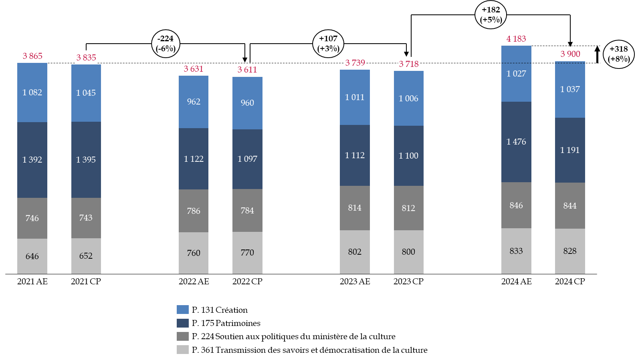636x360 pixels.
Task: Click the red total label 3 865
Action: [x=32, y=56]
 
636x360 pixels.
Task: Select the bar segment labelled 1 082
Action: [x=32, y=93]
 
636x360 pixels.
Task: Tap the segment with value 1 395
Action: [x=86, y=159]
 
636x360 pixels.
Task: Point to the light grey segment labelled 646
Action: [x=32, y=256]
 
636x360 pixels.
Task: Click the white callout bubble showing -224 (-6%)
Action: [x=166, y=44]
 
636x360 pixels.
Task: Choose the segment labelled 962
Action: [x=194, y=102]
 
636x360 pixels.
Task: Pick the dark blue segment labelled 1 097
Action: [x=247, y=159]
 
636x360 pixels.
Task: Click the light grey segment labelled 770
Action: [x=247, y=253]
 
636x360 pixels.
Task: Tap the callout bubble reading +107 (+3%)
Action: [x=328, y=44]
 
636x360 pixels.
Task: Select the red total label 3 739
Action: [x=355, y=63]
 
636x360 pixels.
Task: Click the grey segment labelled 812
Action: [x=408, y=208]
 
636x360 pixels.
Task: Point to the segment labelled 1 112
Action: [x=355, y=155]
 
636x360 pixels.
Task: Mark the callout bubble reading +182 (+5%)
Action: [x=491, y=15]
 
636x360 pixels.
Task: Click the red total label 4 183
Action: [x=516, y=39]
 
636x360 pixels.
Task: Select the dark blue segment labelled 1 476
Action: [x=516, y=142]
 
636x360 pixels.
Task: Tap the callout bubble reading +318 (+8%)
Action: [x=619, y=54]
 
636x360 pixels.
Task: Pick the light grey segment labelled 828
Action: [x=570, y=251]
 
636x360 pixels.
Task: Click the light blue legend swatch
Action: [x=183, y=310]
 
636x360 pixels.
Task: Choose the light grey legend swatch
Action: [x=183, y=350]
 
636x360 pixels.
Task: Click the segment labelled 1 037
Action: [x=570, y=89]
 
